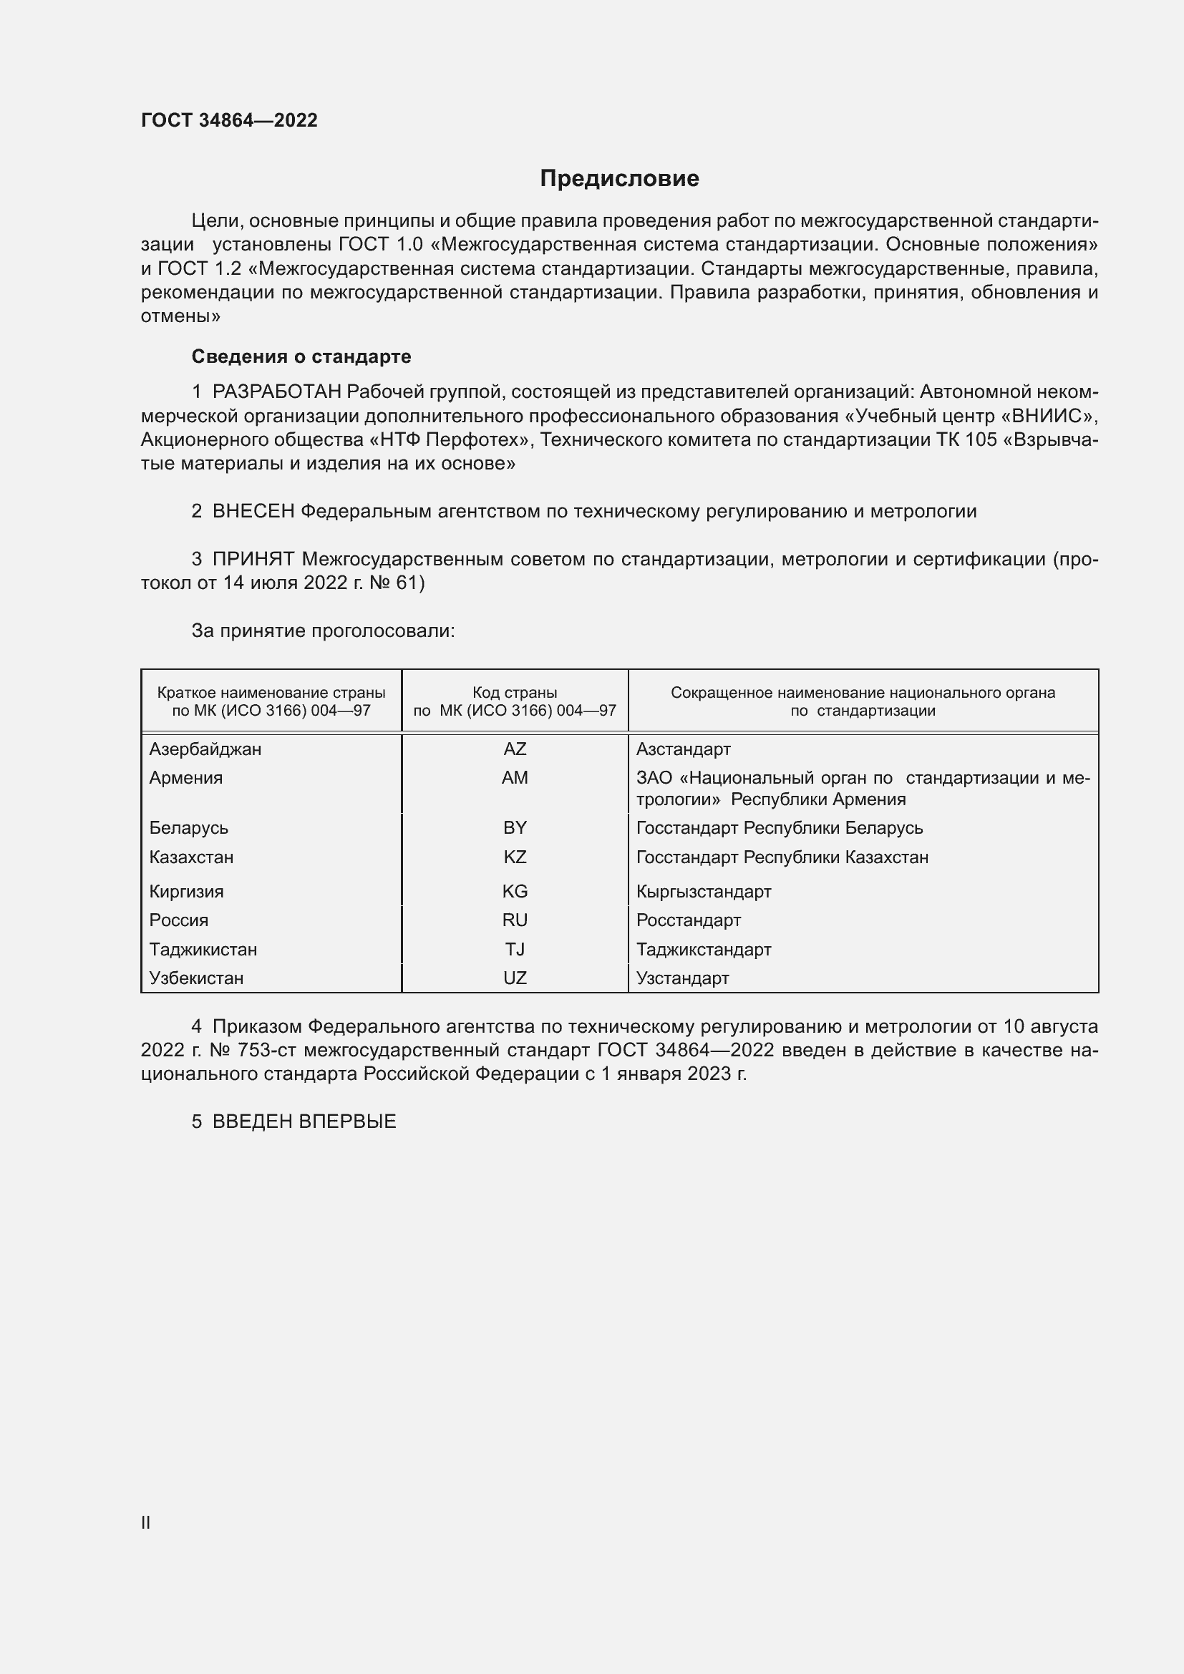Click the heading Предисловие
[x=619, y=179]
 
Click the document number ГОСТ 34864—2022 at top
[x=229, y=120]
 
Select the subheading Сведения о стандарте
[x=301, y=356]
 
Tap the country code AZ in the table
[x=515, y=749]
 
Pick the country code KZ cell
[x=515, y=857]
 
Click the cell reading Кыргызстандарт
[x=704, y=891]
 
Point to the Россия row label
[x=179, y=920]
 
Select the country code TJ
[x=515, y=949]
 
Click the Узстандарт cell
[x=682, y=978]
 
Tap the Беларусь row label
[x=189, y=827]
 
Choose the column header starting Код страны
[x=515, y=701]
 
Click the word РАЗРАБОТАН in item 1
[x=276, y=392]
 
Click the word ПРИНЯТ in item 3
[x=253, y=559]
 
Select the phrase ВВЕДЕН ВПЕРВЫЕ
[x=304, y=1121]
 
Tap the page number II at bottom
[x=146, y=1522]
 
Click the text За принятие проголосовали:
[x=323, y=631]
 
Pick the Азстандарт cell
[x=683, y=749]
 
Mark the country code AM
[x=515, y=777]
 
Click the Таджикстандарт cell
[x=704, y=949]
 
